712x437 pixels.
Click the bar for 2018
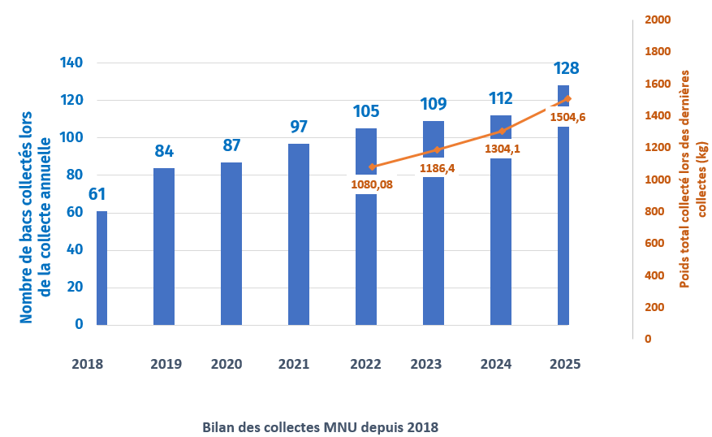point(101,268)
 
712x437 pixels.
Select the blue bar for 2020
point(231,244)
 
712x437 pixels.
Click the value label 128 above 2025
point(566,68)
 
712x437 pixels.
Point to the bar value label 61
point(95,195)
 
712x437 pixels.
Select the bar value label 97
point(299,127)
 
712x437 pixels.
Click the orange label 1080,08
point(372,184)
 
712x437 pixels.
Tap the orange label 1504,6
point(567,117)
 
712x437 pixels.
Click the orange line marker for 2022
point(372,167)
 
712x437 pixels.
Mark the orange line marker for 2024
point(502,131)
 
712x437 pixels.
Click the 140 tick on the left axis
point(72,63)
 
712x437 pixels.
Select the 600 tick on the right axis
point(654,243)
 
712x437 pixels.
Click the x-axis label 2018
point(87,365)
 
